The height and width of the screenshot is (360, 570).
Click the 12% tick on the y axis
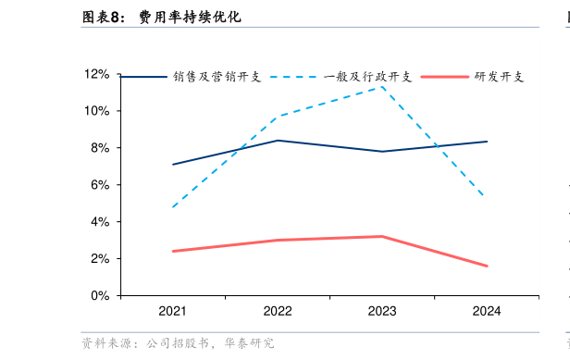97,74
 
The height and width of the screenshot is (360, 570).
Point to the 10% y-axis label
97,111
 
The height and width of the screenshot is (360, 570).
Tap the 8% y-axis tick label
100,148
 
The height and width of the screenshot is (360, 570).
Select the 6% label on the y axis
100,185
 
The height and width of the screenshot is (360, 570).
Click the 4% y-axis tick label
100,222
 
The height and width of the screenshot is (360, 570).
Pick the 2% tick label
100,259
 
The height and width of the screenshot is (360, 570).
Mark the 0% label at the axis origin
100,296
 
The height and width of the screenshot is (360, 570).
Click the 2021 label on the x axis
173,311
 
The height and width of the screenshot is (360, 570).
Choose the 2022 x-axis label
278,311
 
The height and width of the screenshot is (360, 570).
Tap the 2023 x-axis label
382,311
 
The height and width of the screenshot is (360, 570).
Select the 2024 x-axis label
486,311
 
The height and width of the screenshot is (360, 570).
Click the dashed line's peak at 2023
382,86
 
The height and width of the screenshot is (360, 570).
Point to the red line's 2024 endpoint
487,267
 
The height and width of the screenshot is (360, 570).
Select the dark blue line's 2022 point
278,141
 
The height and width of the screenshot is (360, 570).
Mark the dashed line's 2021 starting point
173,207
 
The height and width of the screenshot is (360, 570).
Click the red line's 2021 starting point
173,251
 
